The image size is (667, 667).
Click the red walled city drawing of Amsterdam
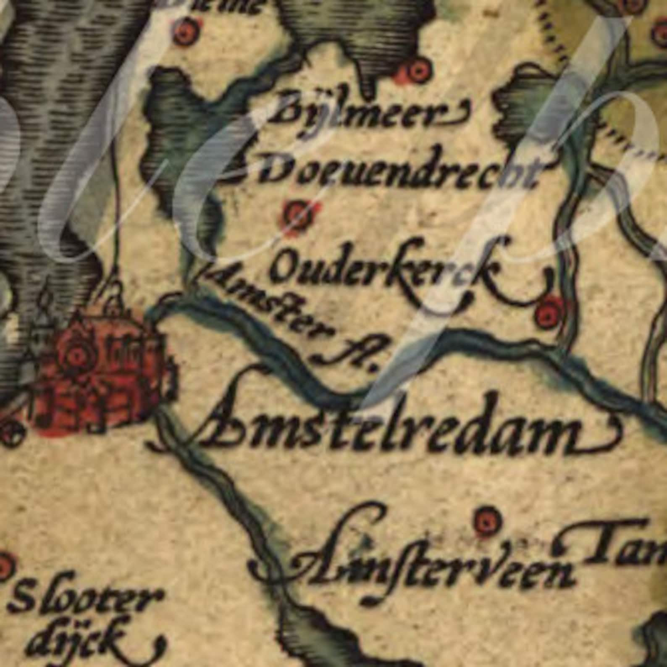click(x=105, y=370)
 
